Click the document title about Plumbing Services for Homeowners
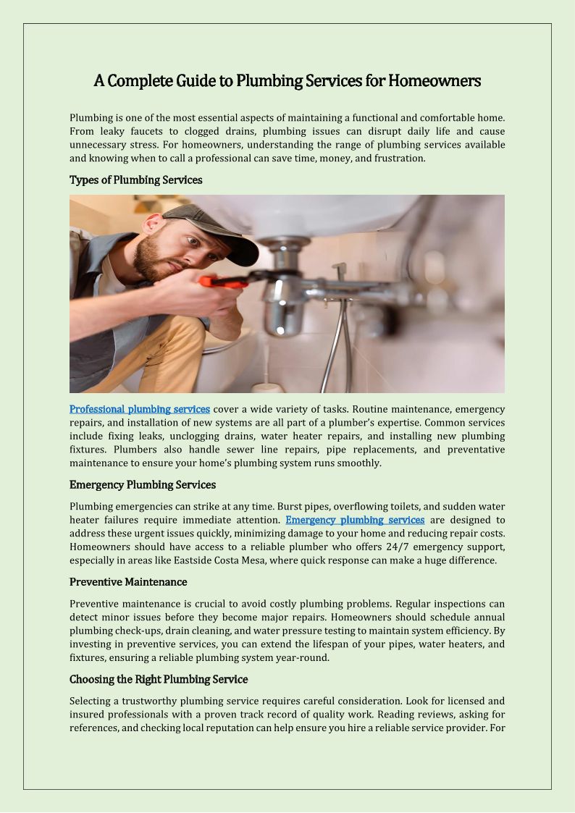[287, 81]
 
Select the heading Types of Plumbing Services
[135, 180]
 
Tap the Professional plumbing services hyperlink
[140, 410]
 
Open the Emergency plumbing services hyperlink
[355, 520]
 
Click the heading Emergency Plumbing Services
[143, 484]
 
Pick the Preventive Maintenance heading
[128, 582]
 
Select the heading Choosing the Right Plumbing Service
[159, 679]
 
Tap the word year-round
[304, 657]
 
